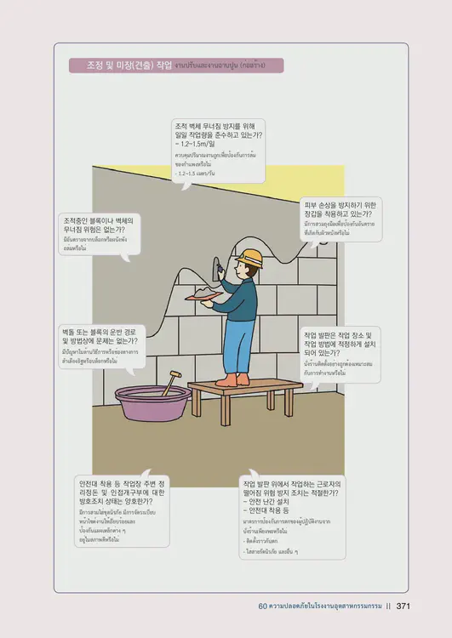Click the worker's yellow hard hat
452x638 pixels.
(249, 257)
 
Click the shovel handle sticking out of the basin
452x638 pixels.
(171, 381)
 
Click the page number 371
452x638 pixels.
(404, 607)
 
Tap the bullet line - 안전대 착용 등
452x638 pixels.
(272, 511)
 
